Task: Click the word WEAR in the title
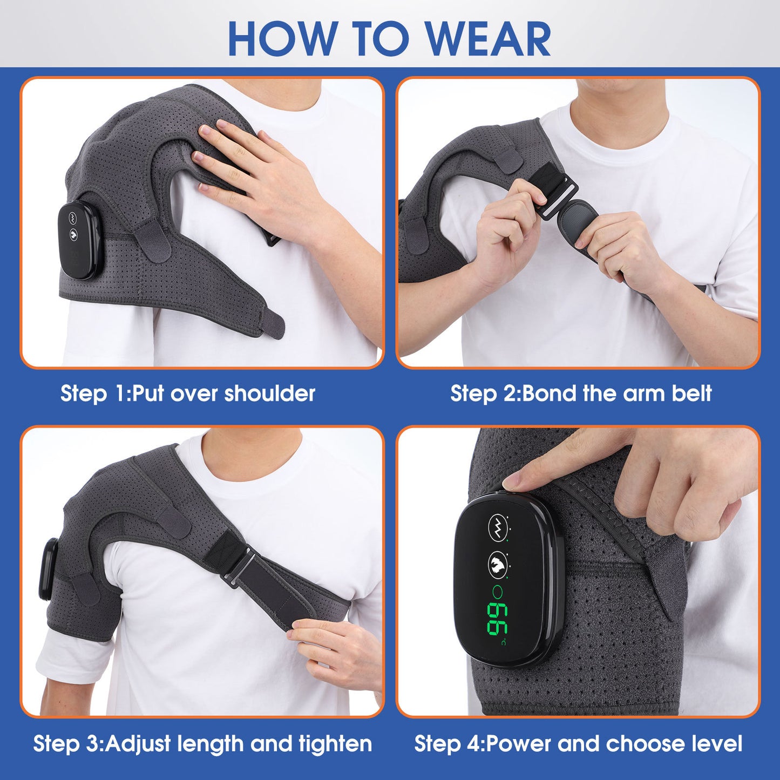(489, 39)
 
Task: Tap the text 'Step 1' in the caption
(92, 394)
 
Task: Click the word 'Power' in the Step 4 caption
(519, 744)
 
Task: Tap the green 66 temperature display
(497, 618)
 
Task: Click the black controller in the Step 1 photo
(78, 240)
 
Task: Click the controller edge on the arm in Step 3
(48, 569)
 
